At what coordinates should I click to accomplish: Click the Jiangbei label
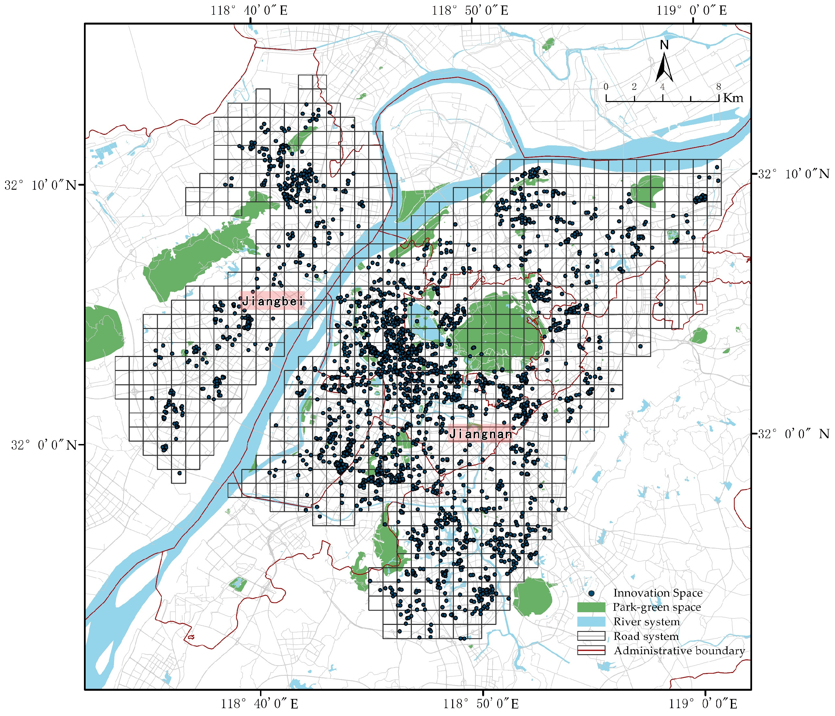(272, 300)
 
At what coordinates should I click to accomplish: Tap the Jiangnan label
(480, 434)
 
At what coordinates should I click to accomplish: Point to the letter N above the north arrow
(664, 45)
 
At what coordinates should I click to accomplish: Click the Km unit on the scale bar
(733, 98)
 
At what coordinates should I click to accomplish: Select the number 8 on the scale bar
(718, 87)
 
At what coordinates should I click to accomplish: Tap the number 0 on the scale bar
(606, 87)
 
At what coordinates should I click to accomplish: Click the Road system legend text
(646, 636)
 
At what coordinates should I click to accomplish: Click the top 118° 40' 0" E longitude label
(249, 11)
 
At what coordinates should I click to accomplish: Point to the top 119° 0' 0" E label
(692, 11)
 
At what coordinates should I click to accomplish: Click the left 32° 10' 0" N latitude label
(40, 185)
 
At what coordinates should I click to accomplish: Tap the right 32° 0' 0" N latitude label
(793, 434)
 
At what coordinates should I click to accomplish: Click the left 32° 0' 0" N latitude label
(44, 445)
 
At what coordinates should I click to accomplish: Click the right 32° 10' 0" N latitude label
(793, 174)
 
